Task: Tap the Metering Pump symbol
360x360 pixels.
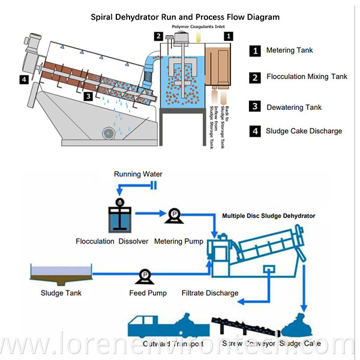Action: click(x=173, y=214)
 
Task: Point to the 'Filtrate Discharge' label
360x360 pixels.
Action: click(x=209, y=293)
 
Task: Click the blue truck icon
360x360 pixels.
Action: click(x=158, y=325)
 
